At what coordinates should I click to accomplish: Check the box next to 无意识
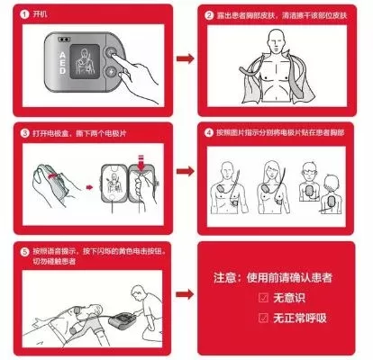tap(263, 296)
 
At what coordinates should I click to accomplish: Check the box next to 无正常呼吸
tap(263, 317)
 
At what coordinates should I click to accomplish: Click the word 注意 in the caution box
tap(224, 274)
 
